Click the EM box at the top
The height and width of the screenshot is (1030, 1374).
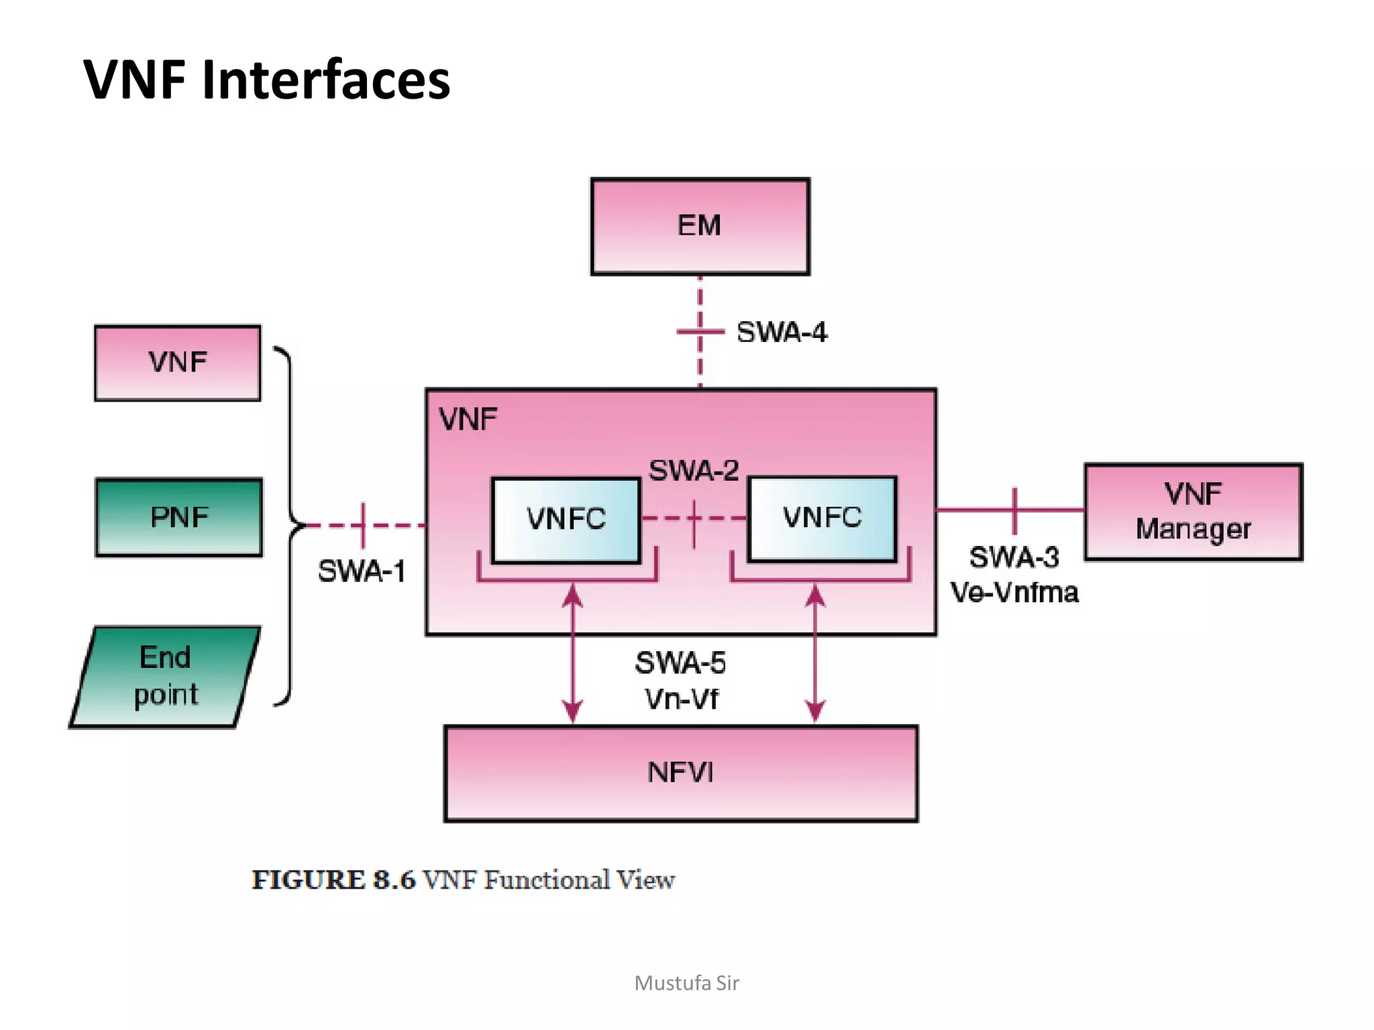(700, 226)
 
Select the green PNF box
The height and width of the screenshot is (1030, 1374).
(179, 517)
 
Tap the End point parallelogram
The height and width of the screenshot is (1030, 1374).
(165, 676)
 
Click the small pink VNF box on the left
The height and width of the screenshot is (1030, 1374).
(178, 363)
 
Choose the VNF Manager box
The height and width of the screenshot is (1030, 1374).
(1193, 512)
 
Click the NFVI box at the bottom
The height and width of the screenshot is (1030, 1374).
(680, 772)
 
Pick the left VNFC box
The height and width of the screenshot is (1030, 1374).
(566, 520)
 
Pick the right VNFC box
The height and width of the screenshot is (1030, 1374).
(822, 518)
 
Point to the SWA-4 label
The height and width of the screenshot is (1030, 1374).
(782, 333)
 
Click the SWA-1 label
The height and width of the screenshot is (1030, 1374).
(362, 572)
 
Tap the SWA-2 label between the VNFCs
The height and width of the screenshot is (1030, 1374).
(694, 471)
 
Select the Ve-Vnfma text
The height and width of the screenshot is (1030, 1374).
(1014, 593)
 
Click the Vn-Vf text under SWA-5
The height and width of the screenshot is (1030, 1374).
(681, 699)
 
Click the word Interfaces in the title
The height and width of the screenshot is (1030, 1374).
(326, 80)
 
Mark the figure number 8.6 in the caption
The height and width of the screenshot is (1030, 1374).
(394, 880)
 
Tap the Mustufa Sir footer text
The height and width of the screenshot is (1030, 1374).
(686, 983)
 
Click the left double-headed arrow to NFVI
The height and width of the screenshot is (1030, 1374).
(572, 654)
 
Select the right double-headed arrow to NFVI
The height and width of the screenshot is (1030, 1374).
(815, 654)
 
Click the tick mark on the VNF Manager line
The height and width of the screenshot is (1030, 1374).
(1014, 510)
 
